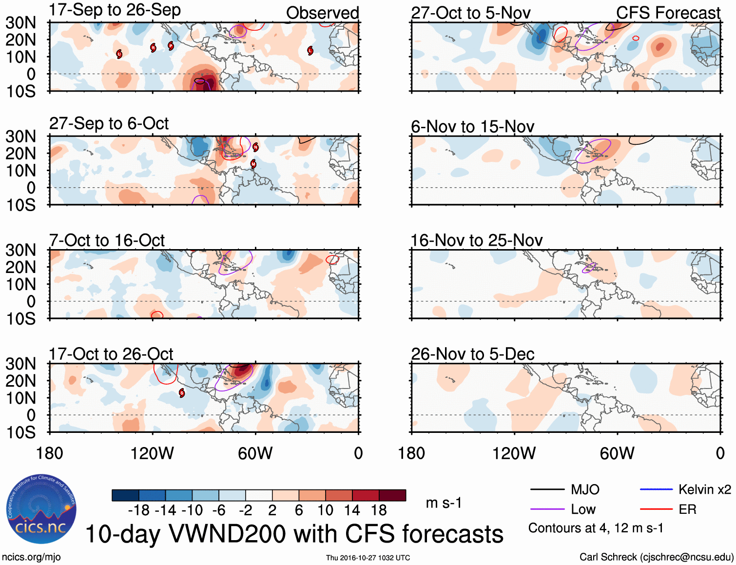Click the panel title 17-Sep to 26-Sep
(115, 10)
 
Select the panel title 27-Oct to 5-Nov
(470, 13)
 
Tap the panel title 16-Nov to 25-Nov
(476, 240)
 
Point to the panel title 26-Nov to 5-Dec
(472, 354)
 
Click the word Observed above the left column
(322, 13)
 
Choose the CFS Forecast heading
(668, 13)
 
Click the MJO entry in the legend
(585, 489)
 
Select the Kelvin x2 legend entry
(704, 489)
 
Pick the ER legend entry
(687, 509)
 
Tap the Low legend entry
(583, 509)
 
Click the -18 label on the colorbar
(138, 510)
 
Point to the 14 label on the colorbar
(351, 510)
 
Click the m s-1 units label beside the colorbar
(444, 503)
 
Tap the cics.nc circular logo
(41, 509)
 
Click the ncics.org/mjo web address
(31, 557)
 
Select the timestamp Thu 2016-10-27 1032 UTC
(368, 558)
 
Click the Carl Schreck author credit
(656, 557)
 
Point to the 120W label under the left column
(152, 453)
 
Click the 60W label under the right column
(617, 453)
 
